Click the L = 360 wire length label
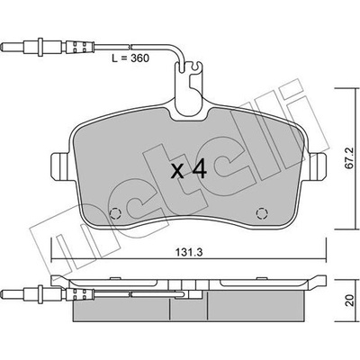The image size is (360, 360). click(x=130, y=58)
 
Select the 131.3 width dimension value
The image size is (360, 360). click(x=189, y=252)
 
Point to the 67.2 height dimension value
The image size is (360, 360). click(x=350, y=163)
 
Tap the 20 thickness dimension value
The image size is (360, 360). click(x=349, y=301)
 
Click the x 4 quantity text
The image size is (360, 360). click(x=189, y=170)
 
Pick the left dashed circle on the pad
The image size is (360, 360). click(x=115, y=213)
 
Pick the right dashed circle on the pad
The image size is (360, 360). click(x=262, y=213)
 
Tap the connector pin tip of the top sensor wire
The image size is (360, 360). click(x=4, y=48)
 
